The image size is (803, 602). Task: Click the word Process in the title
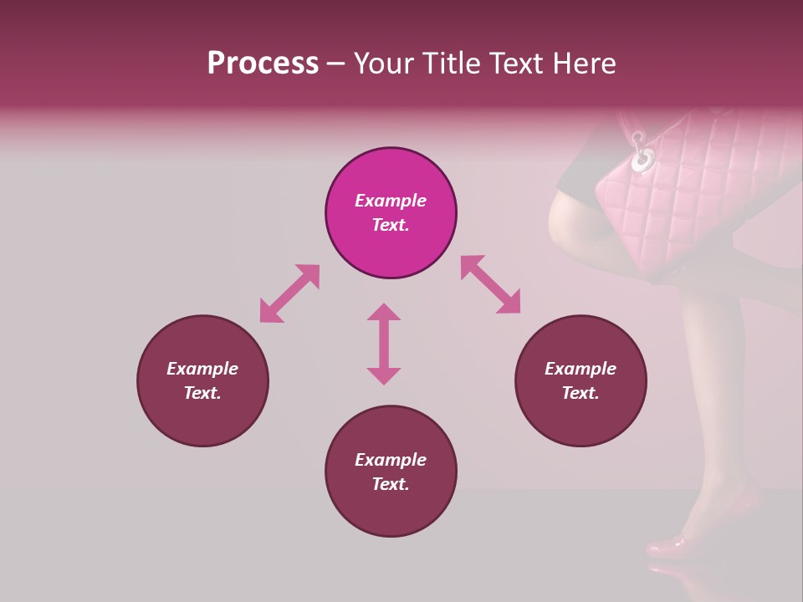[x=263, y=64]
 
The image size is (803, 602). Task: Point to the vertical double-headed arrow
[x=384, y=344]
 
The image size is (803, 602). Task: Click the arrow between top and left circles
[x=289, y=293]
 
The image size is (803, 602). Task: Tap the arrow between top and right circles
[x=490, y=284]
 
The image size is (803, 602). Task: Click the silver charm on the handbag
[x=642, y=158]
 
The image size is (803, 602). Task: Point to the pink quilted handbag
[x=694, y=201]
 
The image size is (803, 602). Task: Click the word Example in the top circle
[x=391, y=201]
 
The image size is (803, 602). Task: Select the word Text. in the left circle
[x=202, y=393]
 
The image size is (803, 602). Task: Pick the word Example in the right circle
[x=581, y=369]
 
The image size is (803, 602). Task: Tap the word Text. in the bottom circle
[x=391, y=484]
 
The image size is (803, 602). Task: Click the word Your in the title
[x=381, y=64]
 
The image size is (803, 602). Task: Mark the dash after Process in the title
[x=335, y=64]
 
